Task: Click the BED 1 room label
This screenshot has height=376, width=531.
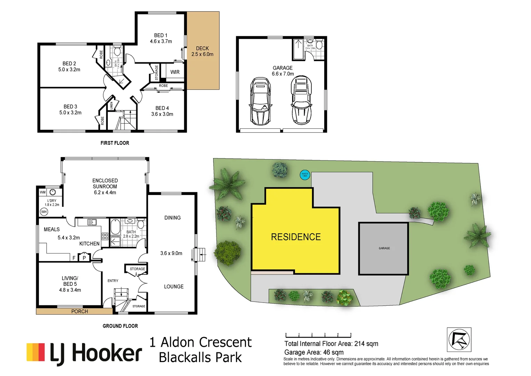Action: click(x=161, y=38)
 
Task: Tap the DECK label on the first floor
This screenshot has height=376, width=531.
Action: click(x=202, y=51)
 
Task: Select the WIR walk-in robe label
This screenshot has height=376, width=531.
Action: click(x=175, y=72)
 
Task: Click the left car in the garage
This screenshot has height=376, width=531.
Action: click(x=260, y=101)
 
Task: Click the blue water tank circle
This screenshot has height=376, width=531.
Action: click(x=305, y=174)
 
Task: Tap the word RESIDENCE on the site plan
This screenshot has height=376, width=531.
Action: click(x=296, y=237)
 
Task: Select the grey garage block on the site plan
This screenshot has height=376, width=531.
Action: click(x=384, y=249)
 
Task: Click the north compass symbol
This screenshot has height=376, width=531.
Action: click(x=459, y=339)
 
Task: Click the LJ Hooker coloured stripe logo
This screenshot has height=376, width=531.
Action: click(x=36, y=352)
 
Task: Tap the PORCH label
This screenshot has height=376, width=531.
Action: click(x=80, y=311)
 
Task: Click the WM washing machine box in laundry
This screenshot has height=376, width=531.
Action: click(x=42, y=192)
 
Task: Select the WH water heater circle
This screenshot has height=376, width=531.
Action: click(x=44, y=212)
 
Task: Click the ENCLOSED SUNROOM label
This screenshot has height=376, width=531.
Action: click(x=105, y=186)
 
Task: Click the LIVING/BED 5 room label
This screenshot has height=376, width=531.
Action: click(x=70, y=284)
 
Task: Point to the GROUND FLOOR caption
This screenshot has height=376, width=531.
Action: click(x=120, y=326)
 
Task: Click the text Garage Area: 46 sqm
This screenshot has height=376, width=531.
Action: click(x=314, y=352)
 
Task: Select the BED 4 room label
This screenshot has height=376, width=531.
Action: click(x=162, y=111)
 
